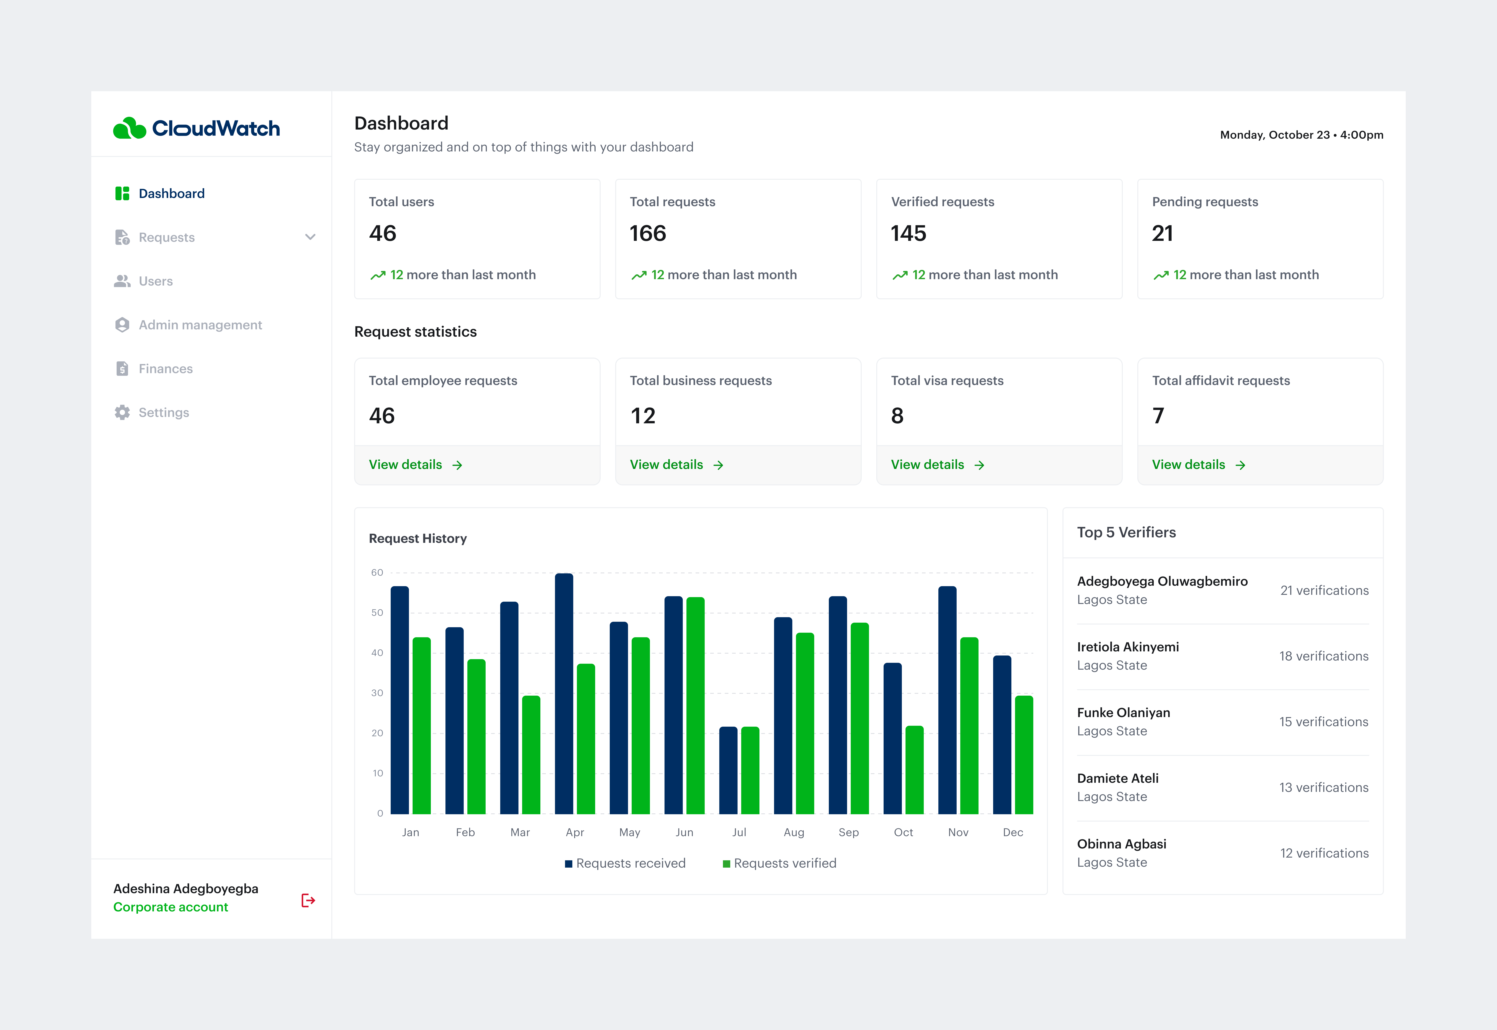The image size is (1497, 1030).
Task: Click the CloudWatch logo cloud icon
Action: point(130,128)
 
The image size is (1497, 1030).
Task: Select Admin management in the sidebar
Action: point(200,325)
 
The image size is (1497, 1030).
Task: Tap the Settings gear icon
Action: point(122,412)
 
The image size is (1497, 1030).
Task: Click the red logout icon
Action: point(308,900)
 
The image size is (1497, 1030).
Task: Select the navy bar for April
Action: point(564,694)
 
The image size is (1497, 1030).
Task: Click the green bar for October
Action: point(914,770)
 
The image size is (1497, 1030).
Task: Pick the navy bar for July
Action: point(728,771)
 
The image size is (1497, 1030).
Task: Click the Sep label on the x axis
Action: point(848,832)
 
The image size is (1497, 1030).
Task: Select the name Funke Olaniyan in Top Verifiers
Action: point(1123,713)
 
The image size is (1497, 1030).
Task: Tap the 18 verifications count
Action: point(1323,656)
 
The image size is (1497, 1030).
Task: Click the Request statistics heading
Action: point(415,332)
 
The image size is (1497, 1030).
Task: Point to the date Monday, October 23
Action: point(1274,135)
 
